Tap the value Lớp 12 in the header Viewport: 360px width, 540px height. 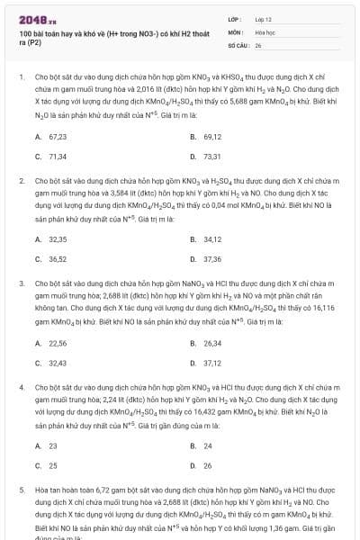tap(263, 18)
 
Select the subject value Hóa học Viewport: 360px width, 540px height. tap(264, 31)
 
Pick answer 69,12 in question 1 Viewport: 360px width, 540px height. tap(212, 137)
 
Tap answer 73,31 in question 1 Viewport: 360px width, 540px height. tap(212, 157)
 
